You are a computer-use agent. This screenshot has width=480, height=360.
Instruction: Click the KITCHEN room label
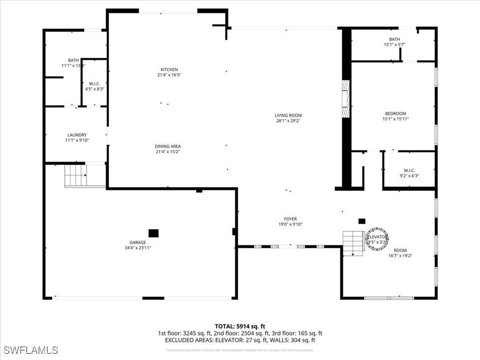(x=169, y=70)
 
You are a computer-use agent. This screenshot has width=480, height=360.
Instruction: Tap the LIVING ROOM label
(x=288, y=115)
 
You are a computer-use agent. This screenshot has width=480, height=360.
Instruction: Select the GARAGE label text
(x=138, y=242)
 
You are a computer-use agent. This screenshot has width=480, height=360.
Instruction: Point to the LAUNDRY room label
(x=76, y=135)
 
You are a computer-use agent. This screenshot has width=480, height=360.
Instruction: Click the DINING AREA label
(x=168, y=146)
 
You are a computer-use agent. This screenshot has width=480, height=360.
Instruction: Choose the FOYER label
(x=290, y=219)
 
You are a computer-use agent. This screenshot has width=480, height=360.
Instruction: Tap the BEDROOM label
(x=395, y=113)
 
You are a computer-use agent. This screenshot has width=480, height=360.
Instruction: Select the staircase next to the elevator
(x=353, y=243)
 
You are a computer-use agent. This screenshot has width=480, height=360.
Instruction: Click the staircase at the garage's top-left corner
(x=75, y=175)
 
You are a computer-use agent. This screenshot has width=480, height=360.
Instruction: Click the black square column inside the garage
(x=153, y=233)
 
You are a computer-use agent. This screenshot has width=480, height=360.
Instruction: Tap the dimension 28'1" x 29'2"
(x=288, y=121)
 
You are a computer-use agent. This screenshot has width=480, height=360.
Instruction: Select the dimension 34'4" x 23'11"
(x=138, y=248)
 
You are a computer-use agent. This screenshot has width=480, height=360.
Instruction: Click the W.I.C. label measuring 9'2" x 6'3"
(x=409, y=171)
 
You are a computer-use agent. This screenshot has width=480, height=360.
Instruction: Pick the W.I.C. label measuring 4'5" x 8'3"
(x=94, y=83)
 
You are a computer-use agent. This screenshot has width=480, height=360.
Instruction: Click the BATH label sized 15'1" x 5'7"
(x=394, y=39)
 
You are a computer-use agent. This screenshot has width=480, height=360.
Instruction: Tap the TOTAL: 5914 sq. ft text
(x=240, y=326)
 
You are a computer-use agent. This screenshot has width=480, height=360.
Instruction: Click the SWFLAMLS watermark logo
(x=30, y=350)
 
